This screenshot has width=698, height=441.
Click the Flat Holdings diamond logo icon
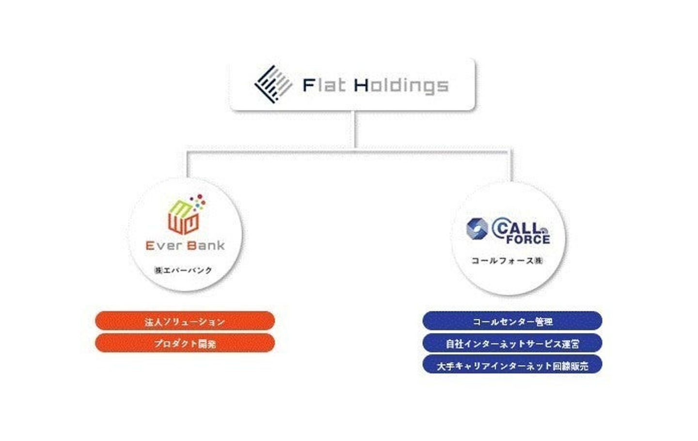tap(273, 84)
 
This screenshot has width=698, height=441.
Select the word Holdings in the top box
tap(401, 86)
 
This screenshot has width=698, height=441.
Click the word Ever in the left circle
tap(163, 246)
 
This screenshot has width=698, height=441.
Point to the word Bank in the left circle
tap(206, 246)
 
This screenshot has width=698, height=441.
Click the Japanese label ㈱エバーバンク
tap(183, 270)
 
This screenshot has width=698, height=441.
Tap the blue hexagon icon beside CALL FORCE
tap(476, 229)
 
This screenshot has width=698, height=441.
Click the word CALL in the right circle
tap(517, 227)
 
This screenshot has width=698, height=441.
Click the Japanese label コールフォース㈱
tap(507, 261)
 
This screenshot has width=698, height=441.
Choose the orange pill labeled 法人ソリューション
tap(185, 321)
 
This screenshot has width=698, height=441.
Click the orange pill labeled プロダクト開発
tap(185, 343)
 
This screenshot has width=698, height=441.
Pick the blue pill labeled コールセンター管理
tap(512, 321)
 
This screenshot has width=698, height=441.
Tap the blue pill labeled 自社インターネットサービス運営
tap(512, 343)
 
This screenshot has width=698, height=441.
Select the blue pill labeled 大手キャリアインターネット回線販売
tap(512, 365)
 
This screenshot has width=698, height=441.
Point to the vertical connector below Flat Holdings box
tap(355, 130)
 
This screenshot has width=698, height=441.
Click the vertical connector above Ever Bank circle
tap(188, 165)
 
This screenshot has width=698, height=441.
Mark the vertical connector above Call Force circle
tap(511, 166)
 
